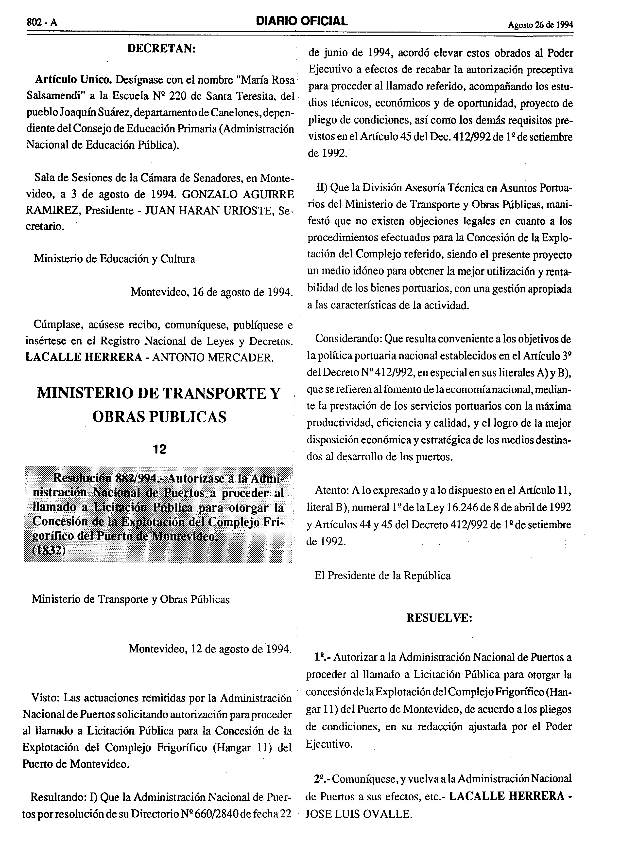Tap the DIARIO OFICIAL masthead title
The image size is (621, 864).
[302, 21]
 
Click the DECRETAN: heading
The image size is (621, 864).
[161, 49]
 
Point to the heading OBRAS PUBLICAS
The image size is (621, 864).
[159, 417]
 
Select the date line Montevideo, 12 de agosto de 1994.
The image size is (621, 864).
[210, 649]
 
